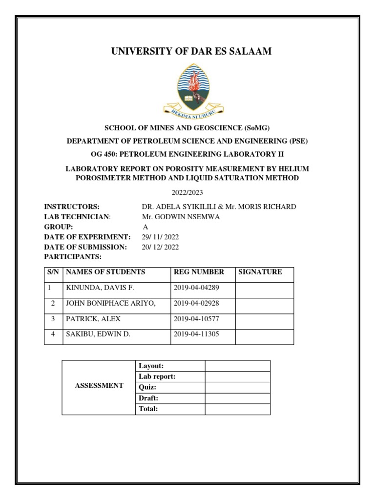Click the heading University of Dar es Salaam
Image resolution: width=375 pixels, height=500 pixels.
pos(187,51)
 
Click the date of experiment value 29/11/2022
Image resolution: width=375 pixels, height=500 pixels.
pos(160,237)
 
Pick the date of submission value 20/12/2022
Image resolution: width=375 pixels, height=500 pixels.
pos(160,247)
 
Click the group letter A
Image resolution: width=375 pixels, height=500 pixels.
pos(145,227)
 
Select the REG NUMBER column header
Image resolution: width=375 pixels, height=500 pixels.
pos(199,272)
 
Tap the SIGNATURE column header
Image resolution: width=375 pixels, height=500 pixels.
pos(260,272)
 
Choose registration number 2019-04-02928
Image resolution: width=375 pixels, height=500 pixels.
pos(196,303)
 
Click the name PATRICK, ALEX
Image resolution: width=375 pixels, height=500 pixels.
pos(93,319)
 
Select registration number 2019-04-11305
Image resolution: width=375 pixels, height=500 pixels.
pos(196,335)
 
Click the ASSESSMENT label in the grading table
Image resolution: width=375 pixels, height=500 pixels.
pos(99,386)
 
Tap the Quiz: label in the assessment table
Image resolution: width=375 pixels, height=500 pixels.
pos(148,387)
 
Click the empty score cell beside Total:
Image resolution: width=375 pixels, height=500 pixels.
pos(237,409)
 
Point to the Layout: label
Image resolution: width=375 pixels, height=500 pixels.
pos(151,366)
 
